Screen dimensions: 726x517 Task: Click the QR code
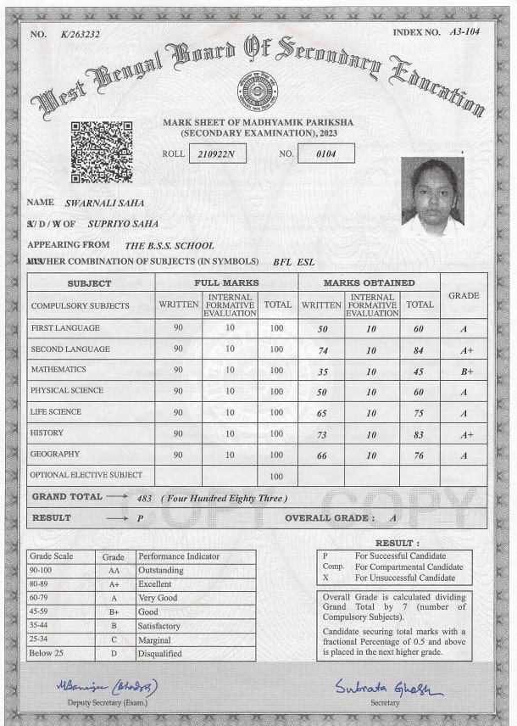pyautogui.click(x=101, y=151)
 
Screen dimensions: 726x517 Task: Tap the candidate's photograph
pyautogui.click(x=433, y=193)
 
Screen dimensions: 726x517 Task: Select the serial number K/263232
pyautogui.click(x=80, y=34)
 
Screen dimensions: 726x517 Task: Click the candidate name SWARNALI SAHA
pyautogui.click(x=104, y=204)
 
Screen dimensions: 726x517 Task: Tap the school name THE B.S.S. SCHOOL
pyautogui.click(x=169, y=245)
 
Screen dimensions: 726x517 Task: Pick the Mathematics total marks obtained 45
pyautogui.click(x=419, y=371)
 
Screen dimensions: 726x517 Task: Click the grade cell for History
pyautogui.click(x=464, y=434)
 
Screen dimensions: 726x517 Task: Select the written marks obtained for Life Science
pyautogui.click(x=322, y=413)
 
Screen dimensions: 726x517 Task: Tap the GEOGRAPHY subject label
pyautogui.click(x=55, y=455)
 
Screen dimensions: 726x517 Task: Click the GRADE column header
pyautogui.click(x=464, y=295)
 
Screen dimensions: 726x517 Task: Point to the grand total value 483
pyautogui.click(x=145, y=498)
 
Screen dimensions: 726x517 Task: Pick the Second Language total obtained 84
pyautogui.click(x=419, y=349)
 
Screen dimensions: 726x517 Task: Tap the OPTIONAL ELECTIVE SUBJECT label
pyautogui.click(x=86, y=475)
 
